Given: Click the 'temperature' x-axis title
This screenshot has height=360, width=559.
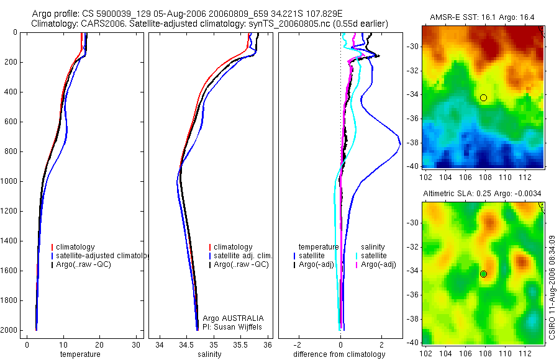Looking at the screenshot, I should pos(80,354).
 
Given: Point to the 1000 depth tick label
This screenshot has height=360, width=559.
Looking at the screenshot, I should pos(9,181).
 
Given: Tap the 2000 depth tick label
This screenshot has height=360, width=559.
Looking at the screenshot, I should pos(9,330).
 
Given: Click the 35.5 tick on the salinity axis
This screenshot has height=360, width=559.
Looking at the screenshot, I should pos(241,345).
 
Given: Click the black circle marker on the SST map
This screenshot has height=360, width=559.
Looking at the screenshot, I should pos(483,97).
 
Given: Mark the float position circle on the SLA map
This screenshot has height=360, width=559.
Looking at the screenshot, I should pos(483,274).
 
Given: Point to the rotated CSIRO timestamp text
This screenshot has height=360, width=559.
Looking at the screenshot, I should pos(552,285).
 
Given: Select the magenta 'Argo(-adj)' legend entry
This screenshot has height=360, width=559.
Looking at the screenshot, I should pos(377,264).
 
